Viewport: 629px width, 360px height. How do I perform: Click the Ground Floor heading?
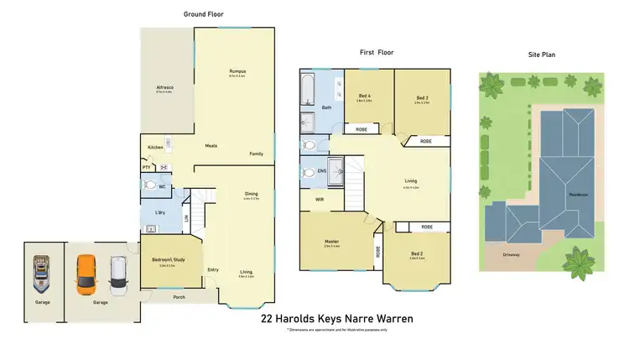204,14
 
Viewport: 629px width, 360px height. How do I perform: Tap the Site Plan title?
543,55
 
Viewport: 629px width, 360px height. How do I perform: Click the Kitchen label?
156,148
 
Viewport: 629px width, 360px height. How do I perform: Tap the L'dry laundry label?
158,212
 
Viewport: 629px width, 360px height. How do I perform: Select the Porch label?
179,297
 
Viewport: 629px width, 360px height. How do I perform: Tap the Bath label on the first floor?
326,107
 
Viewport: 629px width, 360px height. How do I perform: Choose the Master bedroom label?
331,243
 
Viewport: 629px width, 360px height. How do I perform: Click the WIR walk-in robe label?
320,200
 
